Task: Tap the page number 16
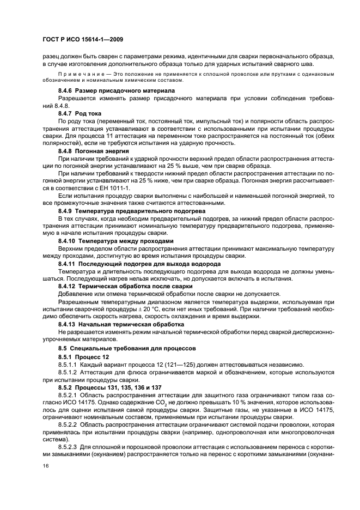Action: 45,466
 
